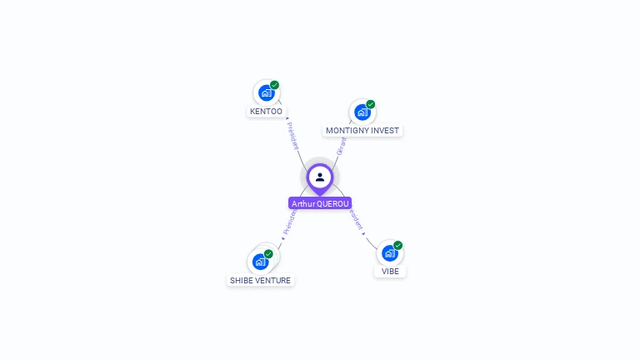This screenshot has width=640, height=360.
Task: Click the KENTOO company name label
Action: click(x=266, y=112)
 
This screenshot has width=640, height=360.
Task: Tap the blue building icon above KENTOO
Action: click(x=266, y=93)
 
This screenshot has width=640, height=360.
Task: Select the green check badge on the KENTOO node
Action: click(x=274, y=85)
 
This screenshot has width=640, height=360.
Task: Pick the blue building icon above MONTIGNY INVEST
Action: click(x=362, y=112)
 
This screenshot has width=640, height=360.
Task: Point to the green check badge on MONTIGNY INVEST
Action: click(x=370, y=104)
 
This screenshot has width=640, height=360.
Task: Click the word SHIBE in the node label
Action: click(x=242, y=281)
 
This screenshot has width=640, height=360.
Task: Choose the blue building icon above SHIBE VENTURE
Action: click(x=260, y=262)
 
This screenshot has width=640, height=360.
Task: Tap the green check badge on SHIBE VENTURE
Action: click(x=268, y=253)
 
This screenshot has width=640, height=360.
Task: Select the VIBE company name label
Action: click(x=390, y=272)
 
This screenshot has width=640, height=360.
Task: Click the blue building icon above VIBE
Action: click(x=389, y=253)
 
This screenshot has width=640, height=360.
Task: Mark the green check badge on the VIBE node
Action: click(x=397, y=245)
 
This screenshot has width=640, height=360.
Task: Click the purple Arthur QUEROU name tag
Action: click(x=320, y=203)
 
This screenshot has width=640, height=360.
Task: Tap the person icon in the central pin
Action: click(x=320, y=177)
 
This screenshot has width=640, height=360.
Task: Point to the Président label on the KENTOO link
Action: click(x=292, y=136)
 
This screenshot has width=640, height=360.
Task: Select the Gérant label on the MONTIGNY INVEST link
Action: click(x=341, y=147)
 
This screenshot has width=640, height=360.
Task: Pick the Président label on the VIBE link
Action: click(x=357, y=218)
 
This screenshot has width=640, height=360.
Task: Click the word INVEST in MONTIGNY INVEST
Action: click(x=387, y=131)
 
